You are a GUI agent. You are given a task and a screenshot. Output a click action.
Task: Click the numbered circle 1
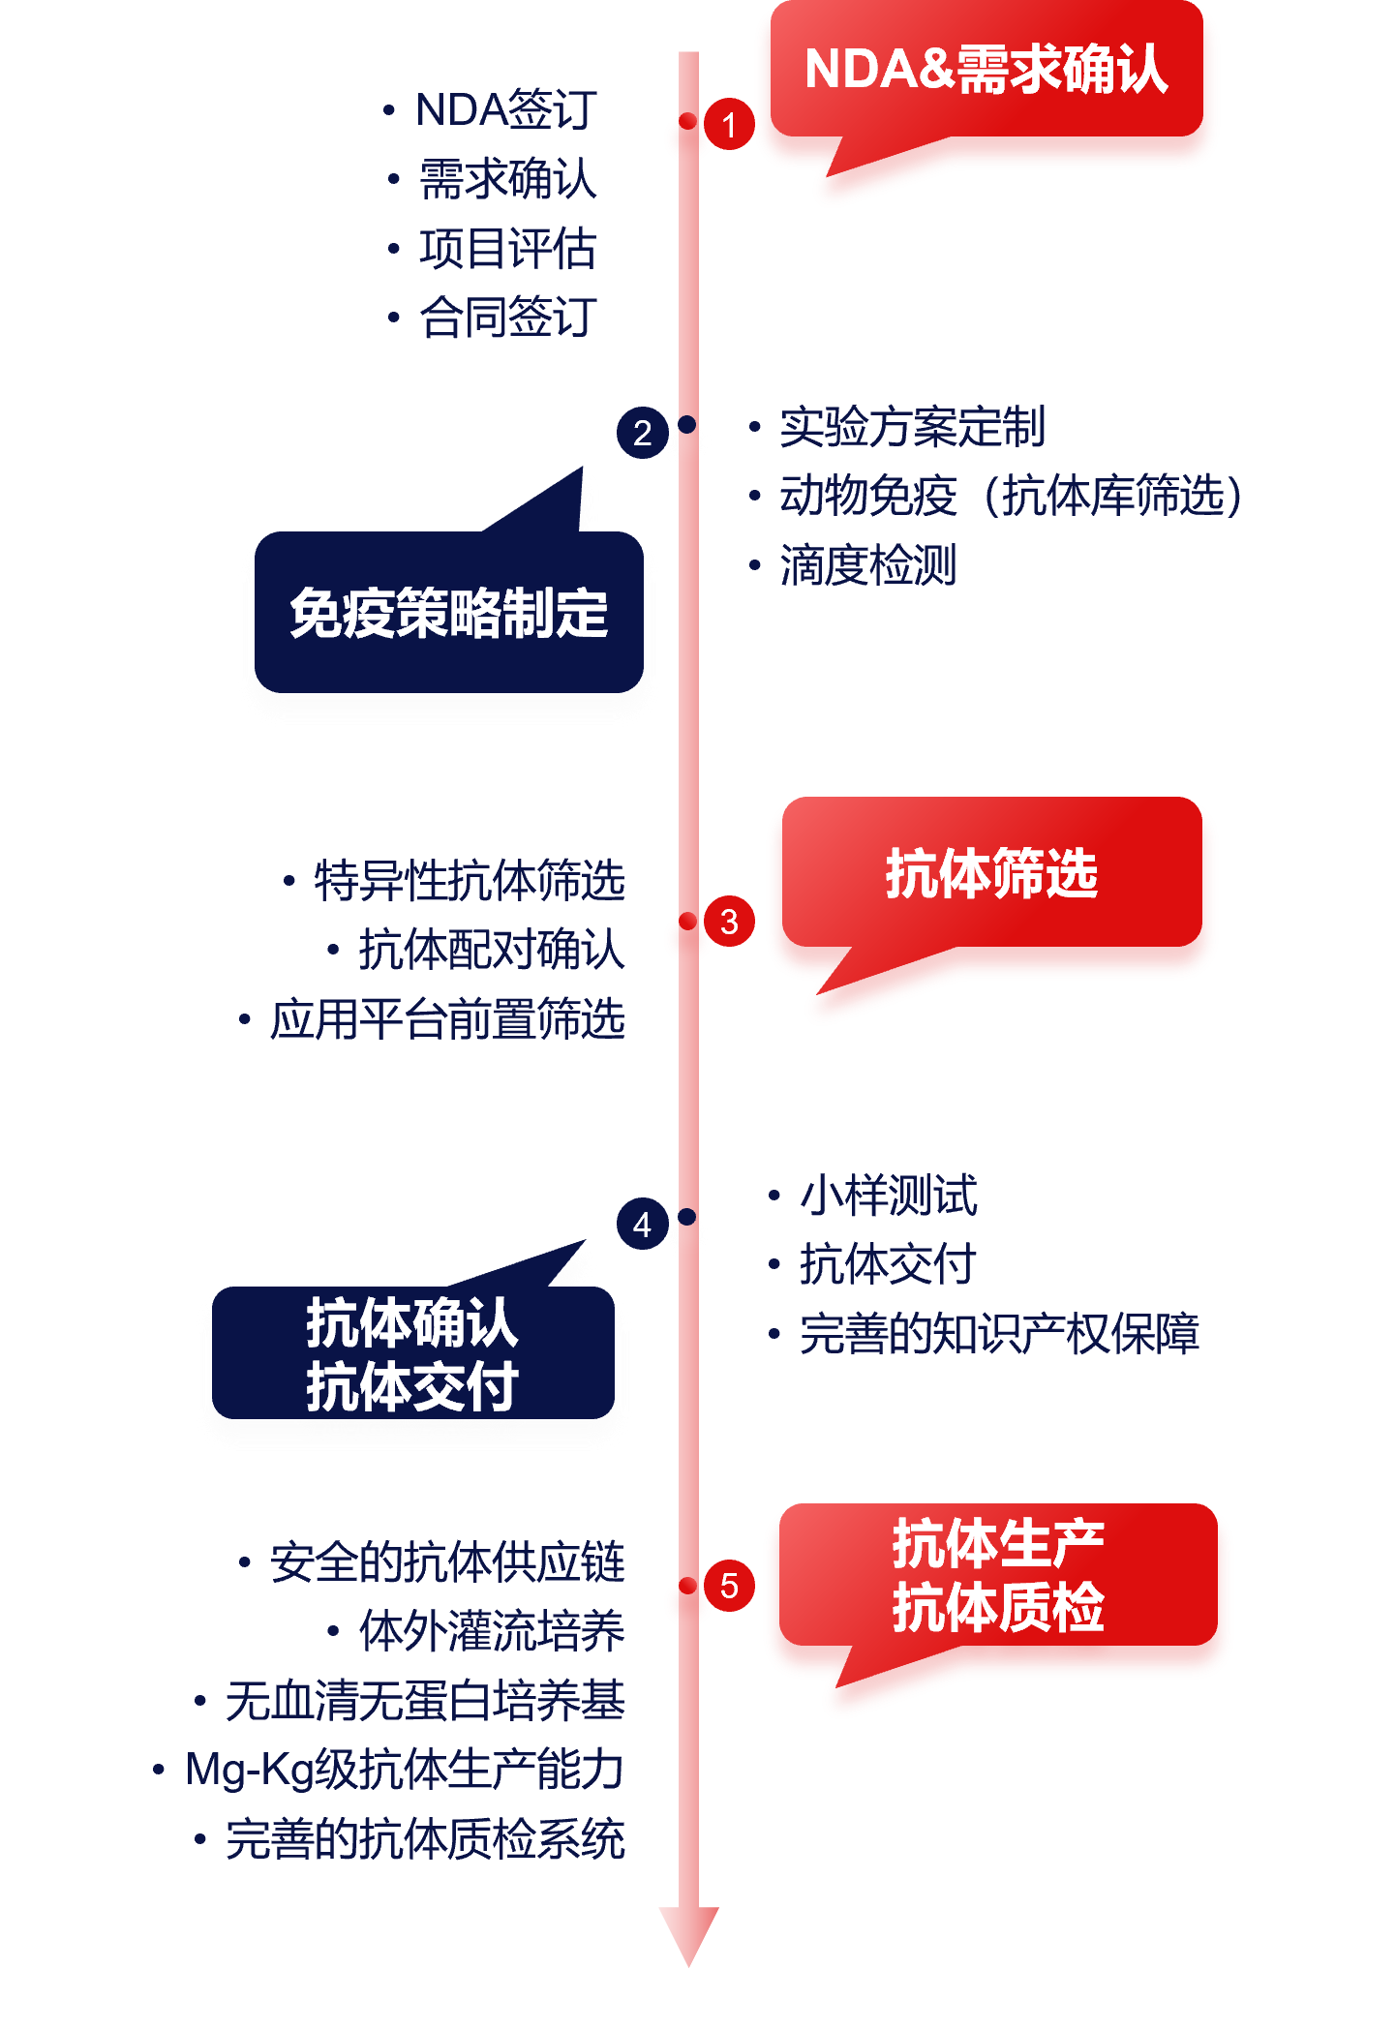(729, 125)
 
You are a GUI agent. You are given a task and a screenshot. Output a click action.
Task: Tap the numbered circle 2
(642, 433)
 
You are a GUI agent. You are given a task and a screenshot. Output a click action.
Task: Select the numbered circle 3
(729, 922)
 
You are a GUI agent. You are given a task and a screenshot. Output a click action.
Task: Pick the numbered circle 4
(642, 1225)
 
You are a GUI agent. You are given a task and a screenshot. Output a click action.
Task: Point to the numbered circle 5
(729, 1586)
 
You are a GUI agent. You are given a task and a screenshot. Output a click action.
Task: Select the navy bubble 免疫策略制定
(448, 613)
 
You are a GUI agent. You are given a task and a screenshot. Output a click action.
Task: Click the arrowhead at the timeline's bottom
(688, 1931)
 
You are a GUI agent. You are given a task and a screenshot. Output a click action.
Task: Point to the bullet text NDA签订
(505, 110)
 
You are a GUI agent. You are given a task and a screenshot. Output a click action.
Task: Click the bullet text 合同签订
(508, 318)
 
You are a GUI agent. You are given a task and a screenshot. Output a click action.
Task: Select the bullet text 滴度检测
(868, 565)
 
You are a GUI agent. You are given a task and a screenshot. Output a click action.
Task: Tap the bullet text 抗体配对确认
(492, 950)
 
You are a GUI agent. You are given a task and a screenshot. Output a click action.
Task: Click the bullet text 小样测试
(889, 1196)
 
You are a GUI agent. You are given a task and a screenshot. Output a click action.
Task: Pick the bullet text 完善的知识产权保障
(999, 1334)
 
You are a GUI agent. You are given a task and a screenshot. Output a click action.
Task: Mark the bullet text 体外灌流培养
(492, 1632)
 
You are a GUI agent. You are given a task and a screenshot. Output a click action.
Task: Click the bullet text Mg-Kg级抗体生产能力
(404, 1770)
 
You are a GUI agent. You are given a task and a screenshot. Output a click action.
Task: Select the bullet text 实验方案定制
(912, 427)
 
